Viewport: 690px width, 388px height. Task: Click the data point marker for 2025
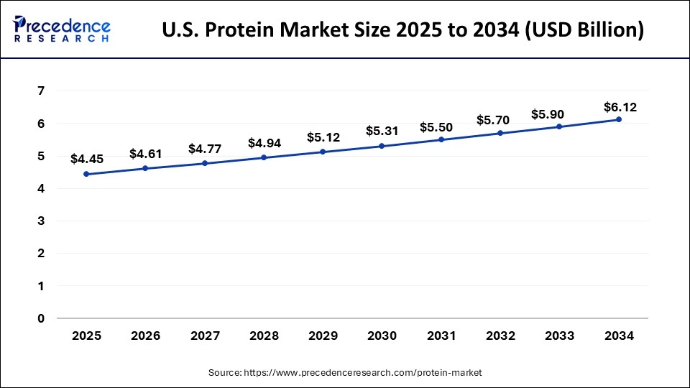(x=86, y=174)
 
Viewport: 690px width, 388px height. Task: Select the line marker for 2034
(x=619, y=119)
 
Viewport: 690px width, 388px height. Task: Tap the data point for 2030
(x=382, y=146)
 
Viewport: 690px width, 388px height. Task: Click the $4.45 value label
(x=86, y=159)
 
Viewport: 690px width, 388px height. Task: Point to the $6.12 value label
(x=619, y=107)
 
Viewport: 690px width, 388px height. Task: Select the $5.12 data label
(x=323, y=137)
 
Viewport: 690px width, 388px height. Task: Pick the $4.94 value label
(x=264, y=143)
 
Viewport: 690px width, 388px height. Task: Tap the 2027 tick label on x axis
(x=204, y=336)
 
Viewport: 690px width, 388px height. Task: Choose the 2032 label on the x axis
(x=500, y=336)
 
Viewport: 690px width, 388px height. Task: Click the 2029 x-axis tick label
(x=323, y=336)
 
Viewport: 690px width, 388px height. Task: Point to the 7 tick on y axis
(x=41, y=91)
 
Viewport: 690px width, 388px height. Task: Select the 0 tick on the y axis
(x=41, y=318)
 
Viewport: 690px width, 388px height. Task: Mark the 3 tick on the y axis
(x=41, y=221)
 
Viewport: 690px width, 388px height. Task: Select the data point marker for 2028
(x=264, y=157)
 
